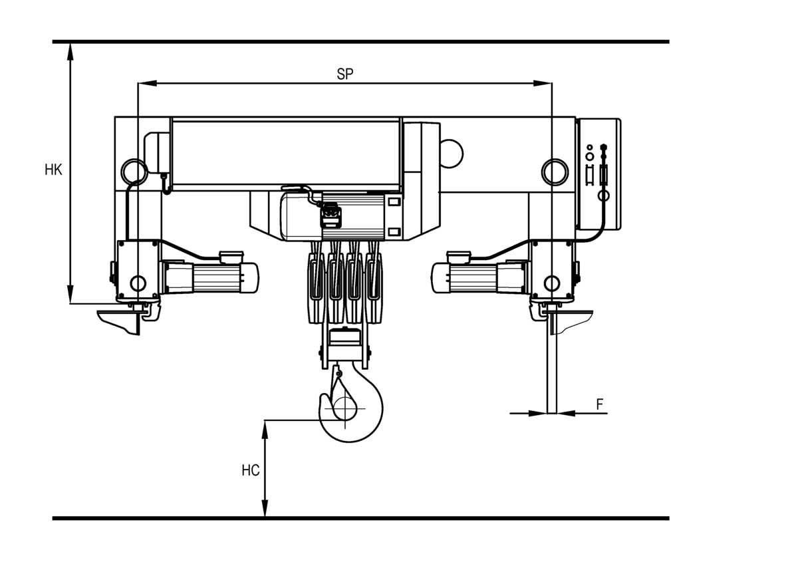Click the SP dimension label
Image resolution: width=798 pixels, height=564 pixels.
click(x=344, y=74)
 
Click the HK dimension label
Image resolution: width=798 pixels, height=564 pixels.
click(x=53, y=170)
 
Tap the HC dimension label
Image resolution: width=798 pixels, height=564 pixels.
click(x=250, y=470)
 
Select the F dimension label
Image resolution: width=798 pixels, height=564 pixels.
click(x=600, y=404)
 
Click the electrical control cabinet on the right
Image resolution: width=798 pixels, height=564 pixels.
click(x=598, y=174)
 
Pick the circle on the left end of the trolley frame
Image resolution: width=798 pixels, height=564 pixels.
click(x=132, y=172)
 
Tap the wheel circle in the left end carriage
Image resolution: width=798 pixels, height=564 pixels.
click(x=138, y=283)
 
